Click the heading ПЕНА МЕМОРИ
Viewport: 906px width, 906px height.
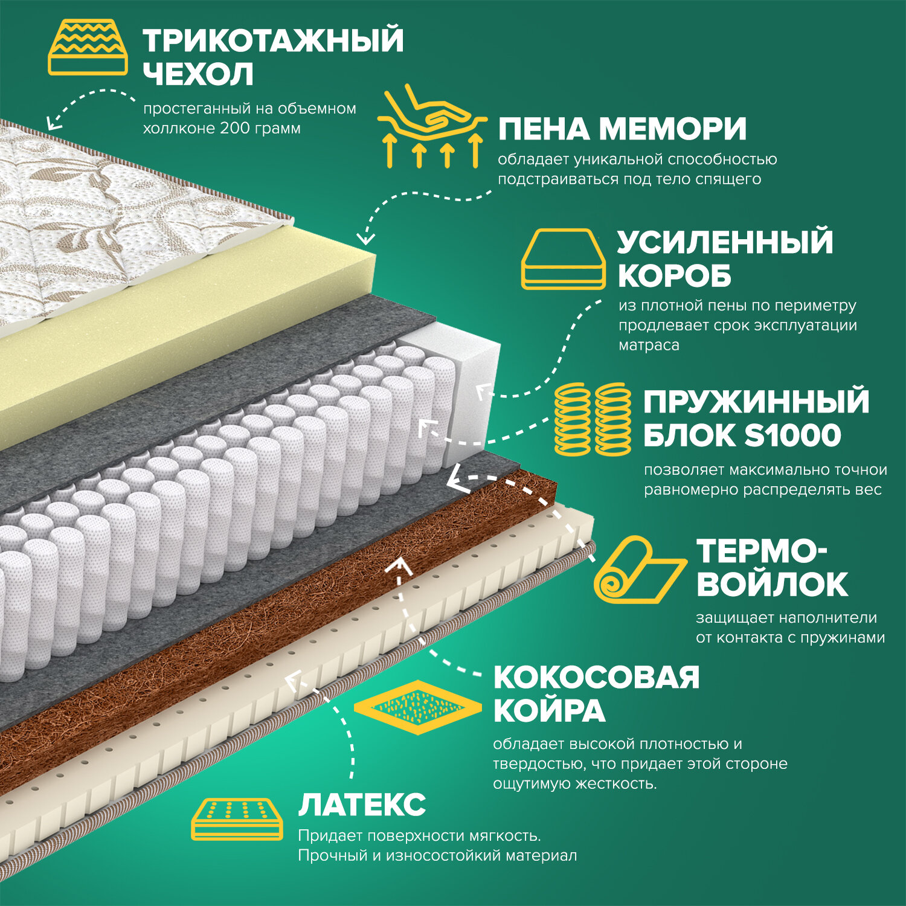pos(622,129)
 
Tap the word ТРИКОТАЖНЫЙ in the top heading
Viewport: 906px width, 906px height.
pos(273,40)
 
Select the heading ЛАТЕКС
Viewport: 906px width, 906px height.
pos(362,805)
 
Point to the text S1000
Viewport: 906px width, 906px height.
pos(792,435)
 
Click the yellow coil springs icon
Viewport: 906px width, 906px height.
pos(593,419)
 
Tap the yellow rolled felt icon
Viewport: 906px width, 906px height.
pos(638,570)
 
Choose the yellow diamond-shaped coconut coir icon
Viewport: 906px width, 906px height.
pos(417,707)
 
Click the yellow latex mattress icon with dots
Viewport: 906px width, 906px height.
pos(237,819)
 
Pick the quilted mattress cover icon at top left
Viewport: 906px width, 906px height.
pos(88,47)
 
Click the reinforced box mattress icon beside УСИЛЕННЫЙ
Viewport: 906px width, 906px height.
pos(563,259)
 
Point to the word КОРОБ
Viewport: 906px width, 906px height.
pos(674,276)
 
